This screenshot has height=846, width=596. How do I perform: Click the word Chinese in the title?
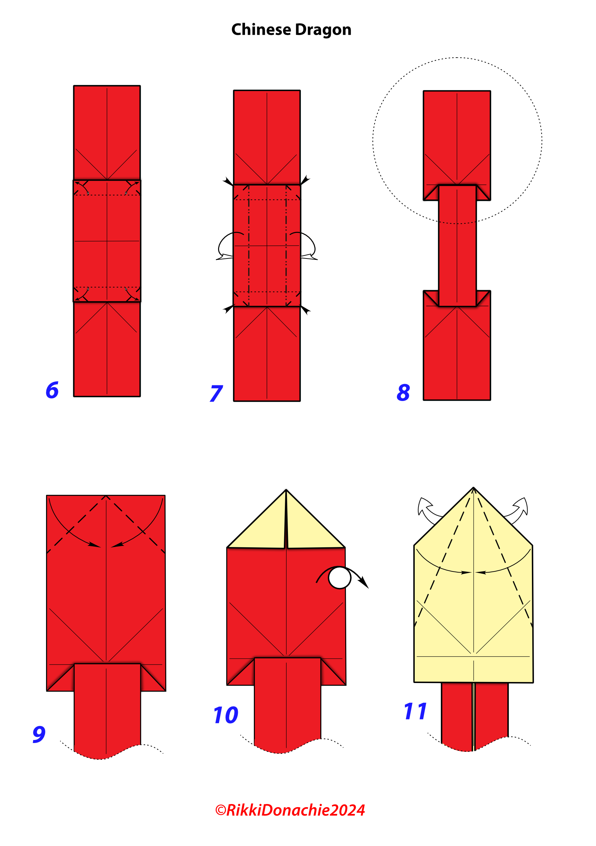pos(261,29)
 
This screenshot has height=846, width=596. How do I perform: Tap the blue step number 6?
pos(52,390)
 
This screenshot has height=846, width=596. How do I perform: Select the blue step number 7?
pos(216,393)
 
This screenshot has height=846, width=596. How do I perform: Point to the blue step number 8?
pos(403,392)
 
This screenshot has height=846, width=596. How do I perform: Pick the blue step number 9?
pos(39,734)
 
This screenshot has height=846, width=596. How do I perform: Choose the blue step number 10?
pos(226,715)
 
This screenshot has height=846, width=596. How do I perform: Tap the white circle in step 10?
pos(339,578)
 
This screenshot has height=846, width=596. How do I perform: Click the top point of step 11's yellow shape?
pos(473,488)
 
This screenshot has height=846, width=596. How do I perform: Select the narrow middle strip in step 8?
pos(457,246)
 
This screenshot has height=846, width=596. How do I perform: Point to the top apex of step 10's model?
pos(286,490)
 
